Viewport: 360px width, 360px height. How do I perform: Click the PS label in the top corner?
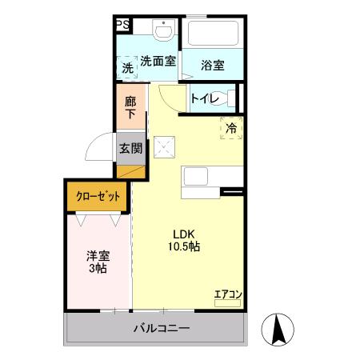[122, 26]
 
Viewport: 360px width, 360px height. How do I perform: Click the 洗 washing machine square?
[127, 69]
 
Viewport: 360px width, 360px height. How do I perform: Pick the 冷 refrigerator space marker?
[230, 127]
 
